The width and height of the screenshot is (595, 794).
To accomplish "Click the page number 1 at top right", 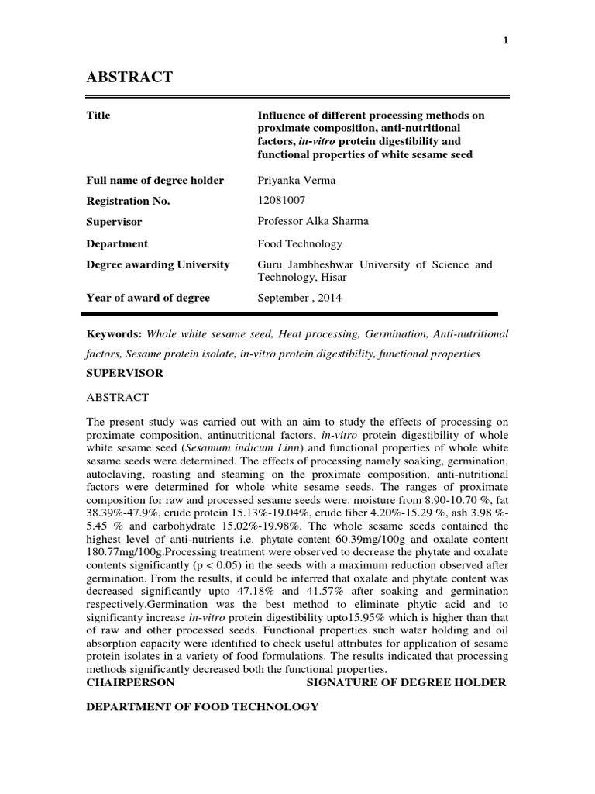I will [504, 41].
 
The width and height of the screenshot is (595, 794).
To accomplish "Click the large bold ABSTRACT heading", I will [129, 76].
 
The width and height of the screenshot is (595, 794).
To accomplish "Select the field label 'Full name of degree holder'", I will [155, 181].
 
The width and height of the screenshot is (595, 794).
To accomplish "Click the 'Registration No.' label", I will [128, 201].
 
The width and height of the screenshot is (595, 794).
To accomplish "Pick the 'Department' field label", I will [117, 243].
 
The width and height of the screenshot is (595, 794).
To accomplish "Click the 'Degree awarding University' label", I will [158, 264].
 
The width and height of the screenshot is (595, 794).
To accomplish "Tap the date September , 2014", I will [298, 298].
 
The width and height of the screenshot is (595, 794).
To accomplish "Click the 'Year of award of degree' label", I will [148, 298].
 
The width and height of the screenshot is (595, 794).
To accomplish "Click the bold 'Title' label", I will [98, 116].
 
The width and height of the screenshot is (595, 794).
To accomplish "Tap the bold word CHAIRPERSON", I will [130, 682].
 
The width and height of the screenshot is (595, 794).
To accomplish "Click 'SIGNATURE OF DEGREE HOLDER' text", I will [407, 682].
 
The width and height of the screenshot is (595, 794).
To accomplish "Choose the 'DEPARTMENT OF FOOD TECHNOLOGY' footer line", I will [202, 707].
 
